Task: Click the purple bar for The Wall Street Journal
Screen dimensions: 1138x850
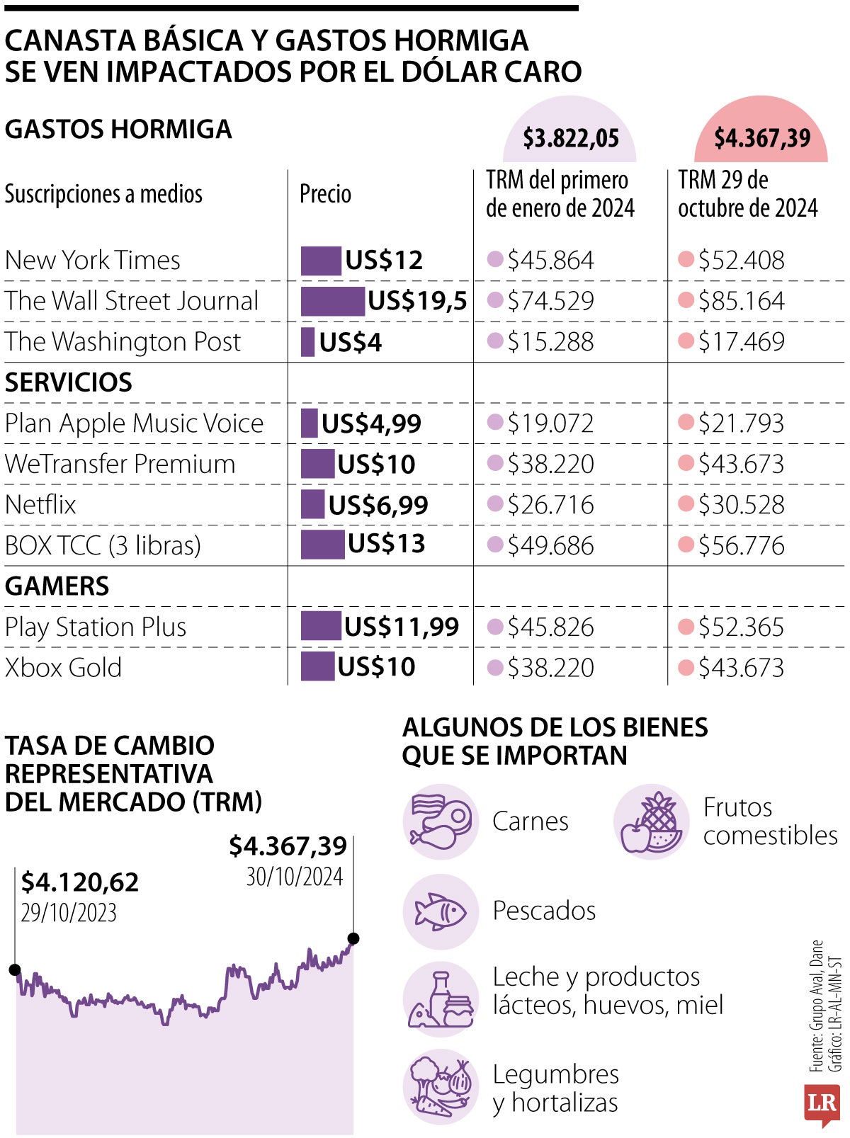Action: click(332, 301)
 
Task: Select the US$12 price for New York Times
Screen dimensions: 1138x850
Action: click(384, 261)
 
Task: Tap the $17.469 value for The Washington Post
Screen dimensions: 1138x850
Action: click(741, 342)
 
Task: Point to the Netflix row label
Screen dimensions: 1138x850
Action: click(40, 505)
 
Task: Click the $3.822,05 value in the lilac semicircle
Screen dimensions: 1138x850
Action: click(570, 138)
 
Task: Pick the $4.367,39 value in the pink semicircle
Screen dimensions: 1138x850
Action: click(761, 138)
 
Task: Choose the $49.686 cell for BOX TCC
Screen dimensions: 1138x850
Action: click(550, 546)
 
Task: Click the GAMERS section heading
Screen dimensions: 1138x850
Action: click(57, 586)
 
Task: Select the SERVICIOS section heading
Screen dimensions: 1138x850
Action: click(69, 382)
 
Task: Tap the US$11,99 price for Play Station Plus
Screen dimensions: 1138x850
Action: click(402, 627)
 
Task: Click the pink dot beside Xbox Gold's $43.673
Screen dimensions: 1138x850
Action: click(685, 667)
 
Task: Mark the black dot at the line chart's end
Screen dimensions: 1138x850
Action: click(353, 939)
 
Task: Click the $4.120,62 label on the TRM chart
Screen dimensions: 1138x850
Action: click(79, 882)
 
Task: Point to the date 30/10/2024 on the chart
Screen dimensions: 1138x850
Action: click(294, 877)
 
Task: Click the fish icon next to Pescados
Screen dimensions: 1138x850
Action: click(440, 911)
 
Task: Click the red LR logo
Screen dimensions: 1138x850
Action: click(822, 1103)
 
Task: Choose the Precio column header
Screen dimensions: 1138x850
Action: click(325, 194)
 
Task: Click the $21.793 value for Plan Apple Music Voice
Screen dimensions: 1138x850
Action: click(741, 423)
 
